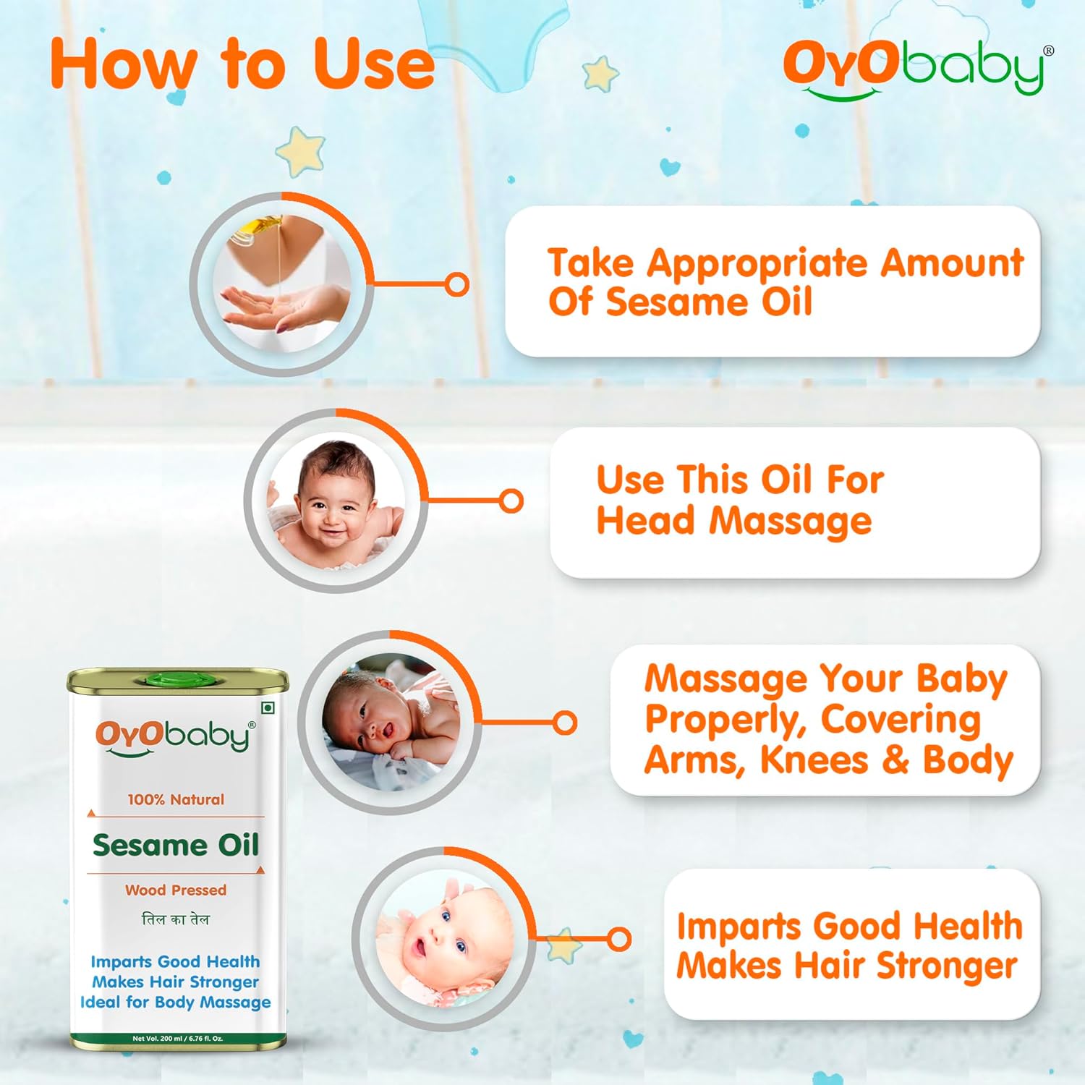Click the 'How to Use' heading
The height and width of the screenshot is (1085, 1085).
[242, 65]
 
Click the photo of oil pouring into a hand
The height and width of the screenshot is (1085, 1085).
[281, 284]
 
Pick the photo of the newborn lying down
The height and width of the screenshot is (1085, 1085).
[391, 722]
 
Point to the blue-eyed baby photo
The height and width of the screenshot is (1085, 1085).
[444, 939]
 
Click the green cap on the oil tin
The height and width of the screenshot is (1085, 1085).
[178, 679]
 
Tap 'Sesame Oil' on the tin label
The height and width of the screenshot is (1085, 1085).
[176, 845]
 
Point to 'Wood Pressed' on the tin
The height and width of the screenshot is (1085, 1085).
[176, 890]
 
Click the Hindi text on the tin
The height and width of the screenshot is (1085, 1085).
[176, 919]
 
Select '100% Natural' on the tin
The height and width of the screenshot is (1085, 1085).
[176, 799]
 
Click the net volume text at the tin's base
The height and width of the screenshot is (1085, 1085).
[178, 1039]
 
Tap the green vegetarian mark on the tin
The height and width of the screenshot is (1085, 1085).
[268, 707]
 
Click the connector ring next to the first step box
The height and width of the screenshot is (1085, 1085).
[457, 284]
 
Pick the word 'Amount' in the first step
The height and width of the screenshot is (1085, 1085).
[951, 262]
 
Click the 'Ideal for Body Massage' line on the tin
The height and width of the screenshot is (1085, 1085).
[176, 1003]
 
